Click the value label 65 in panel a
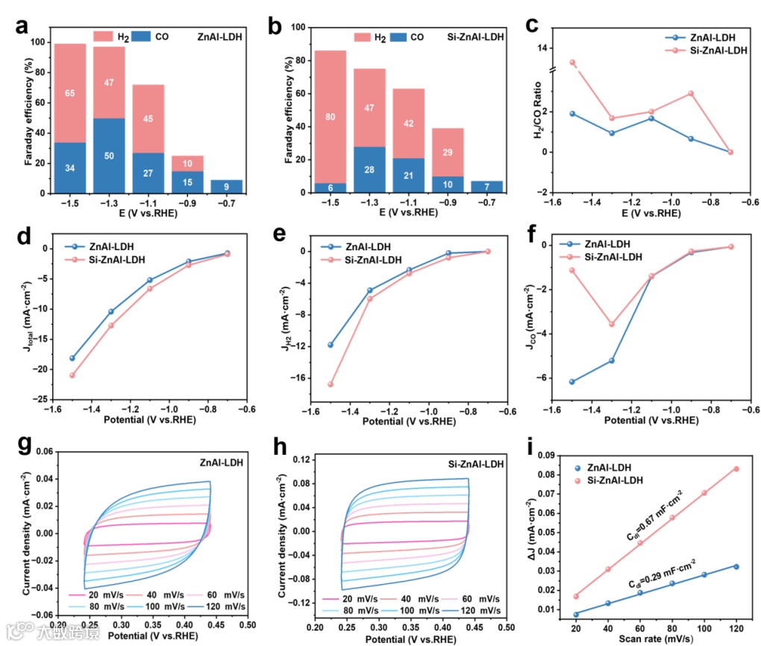[69, 94]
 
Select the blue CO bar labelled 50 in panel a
[109, 155]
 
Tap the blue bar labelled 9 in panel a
[227, 186]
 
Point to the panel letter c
[532, 24]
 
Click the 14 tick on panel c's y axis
[542, 49]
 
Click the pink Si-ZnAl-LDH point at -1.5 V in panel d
[72, 375]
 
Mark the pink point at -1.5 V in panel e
[331, 385]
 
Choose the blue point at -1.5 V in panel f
[572, 382]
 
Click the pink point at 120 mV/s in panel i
[736, 469]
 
